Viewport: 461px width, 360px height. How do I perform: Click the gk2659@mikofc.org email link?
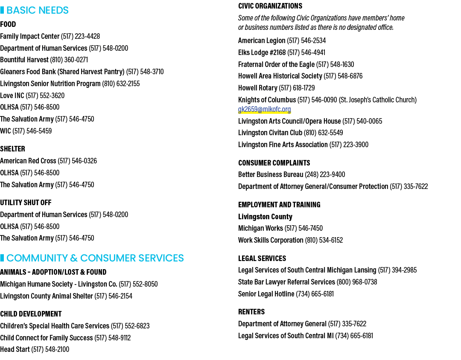[x=264, y=109]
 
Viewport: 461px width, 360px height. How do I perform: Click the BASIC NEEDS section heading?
[x=37, y=10]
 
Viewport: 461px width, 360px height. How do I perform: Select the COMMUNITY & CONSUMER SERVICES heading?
[x=95, y=258]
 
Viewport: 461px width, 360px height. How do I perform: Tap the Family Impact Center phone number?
[x=80, y=36]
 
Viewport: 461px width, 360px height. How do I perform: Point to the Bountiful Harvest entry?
[x=44, y=60]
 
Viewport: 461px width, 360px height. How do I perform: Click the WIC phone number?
[x=32, y=131]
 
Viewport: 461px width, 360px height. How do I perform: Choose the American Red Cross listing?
[x=48, y=161]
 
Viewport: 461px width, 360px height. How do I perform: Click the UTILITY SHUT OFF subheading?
[x=26, y=203]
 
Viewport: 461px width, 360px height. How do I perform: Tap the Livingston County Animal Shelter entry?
[x=66, y=296]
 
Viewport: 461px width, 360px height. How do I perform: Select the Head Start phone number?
[x=50, y=349]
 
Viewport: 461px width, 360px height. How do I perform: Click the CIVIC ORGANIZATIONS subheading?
[x=270, y=6]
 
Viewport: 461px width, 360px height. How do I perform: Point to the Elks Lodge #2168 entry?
[x=282, y=52]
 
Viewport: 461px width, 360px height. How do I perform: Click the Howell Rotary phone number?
[x=297, y=88]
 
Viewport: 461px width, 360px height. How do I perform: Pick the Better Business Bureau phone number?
[x=325, y=174]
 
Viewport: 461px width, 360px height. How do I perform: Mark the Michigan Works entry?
[x=280, y=228]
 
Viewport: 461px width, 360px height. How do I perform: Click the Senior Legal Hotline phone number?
[x=315, y=294]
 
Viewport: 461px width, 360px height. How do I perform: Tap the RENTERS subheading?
[x=251, y=312]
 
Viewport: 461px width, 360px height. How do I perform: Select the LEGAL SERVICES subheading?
[x=262, y=258]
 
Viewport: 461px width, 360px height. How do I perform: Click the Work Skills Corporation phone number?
[x=324, y=241]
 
